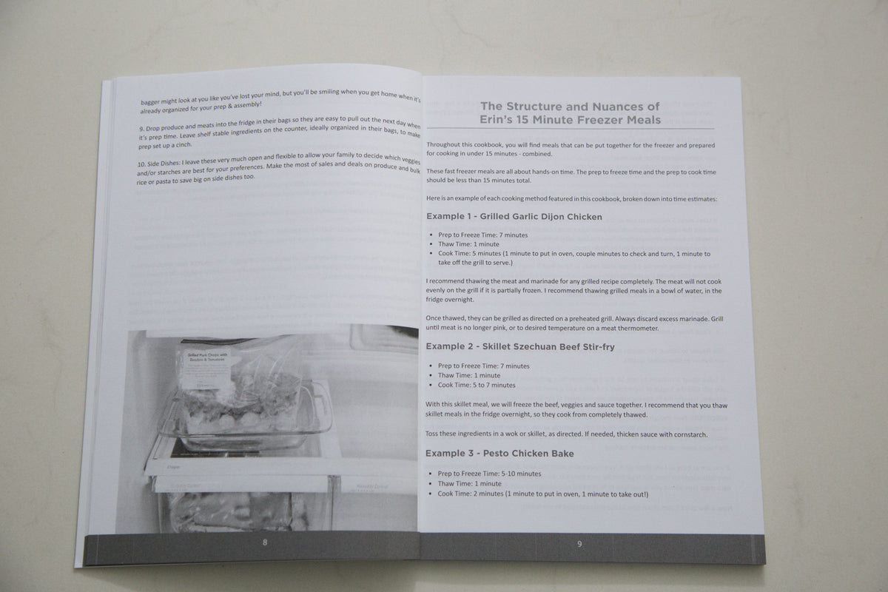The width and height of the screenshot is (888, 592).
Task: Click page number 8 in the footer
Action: (266, 543)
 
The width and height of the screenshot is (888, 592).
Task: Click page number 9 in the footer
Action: (579, 545)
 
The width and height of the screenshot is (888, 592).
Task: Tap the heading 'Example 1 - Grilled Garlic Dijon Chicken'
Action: (514, 217)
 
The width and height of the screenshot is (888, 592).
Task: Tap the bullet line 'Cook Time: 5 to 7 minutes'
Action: (477, 385)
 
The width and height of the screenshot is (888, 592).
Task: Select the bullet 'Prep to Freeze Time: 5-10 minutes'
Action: (489, 473)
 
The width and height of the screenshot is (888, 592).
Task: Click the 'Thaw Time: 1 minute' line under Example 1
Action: (468, 243)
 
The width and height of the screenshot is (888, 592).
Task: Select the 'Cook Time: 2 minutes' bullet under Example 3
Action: (542, 493)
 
